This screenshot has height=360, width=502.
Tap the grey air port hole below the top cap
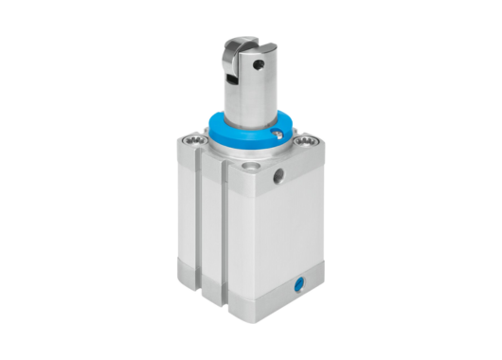tap(278, 176)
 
